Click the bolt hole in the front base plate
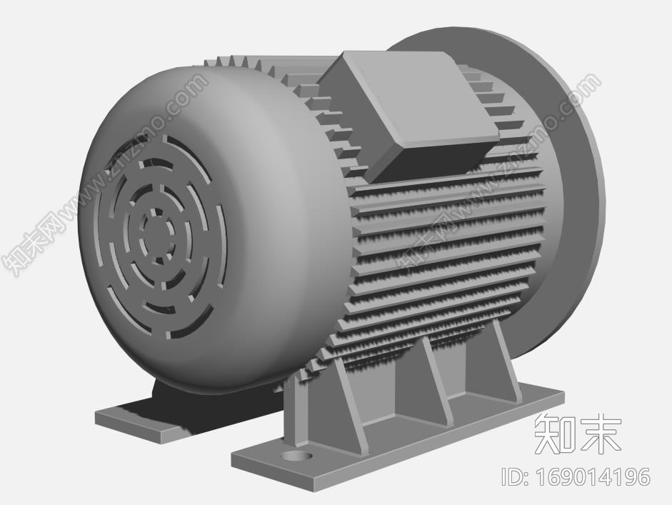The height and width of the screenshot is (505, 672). pos(295,454)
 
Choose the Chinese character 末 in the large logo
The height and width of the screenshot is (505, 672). pos(600,433)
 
